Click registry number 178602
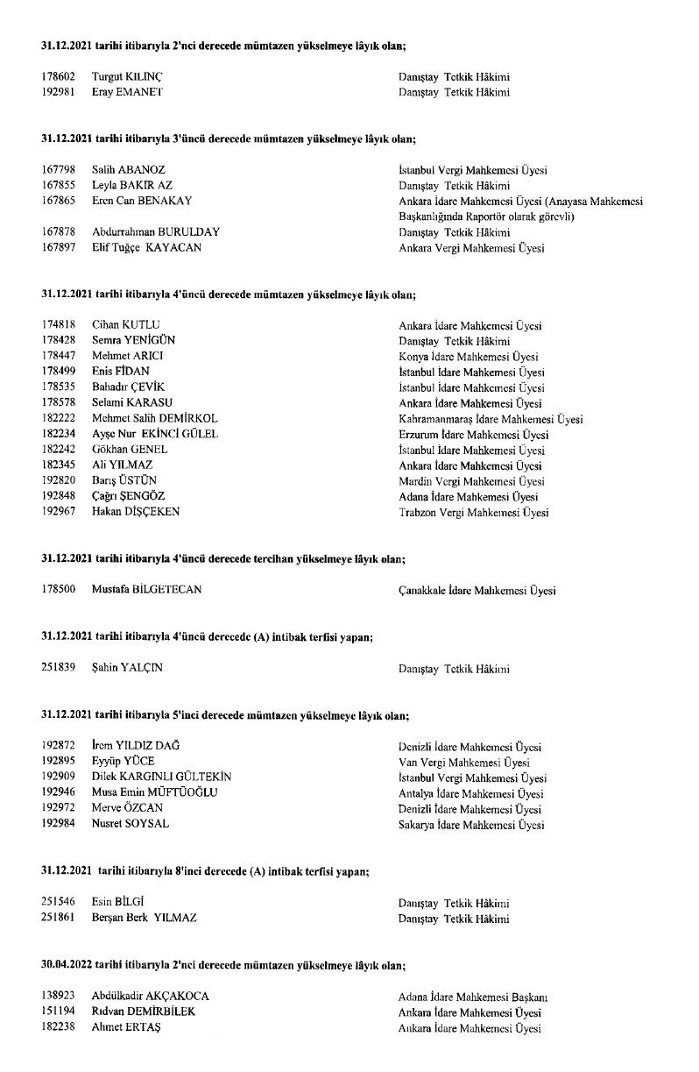[58, 76]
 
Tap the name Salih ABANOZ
[129, 169]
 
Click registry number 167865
[58, 201]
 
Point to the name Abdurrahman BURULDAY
[156, 232]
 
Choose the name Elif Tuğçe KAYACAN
[146, 248]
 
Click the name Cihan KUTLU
[126, 325]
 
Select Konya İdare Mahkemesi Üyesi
[468, 357]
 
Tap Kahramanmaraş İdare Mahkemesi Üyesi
[491, 419]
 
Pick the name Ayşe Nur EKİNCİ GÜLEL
[155, 434]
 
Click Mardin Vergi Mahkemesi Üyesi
[471, 481]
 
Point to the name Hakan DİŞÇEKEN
[136, 512]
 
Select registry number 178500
[58, 590]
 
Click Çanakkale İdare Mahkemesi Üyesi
[477, 591]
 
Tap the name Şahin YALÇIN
[127, 668]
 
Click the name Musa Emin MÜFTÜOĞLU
[154, 793]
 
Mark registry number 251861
[58, 918]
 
